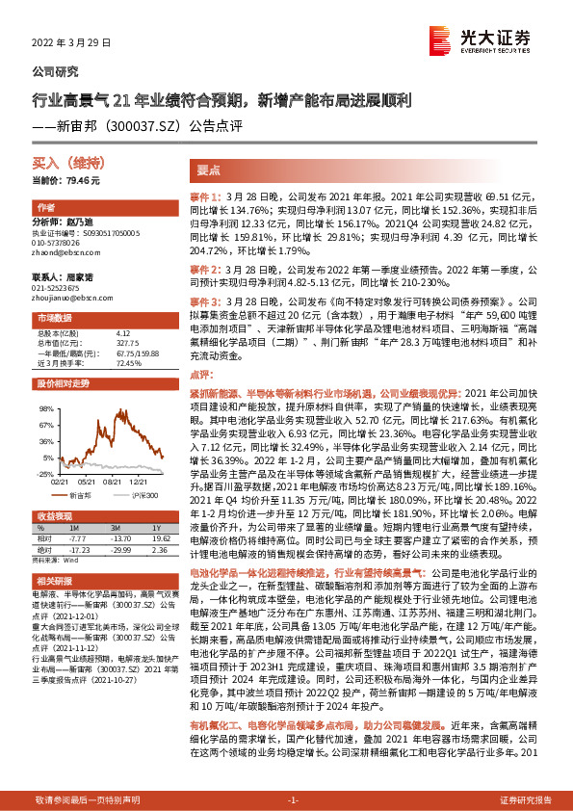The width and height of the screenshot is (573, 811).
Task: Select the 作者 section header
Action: pos(46,208)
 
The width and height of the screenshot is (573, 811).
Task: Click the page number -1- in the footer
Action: pos(293,800)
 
